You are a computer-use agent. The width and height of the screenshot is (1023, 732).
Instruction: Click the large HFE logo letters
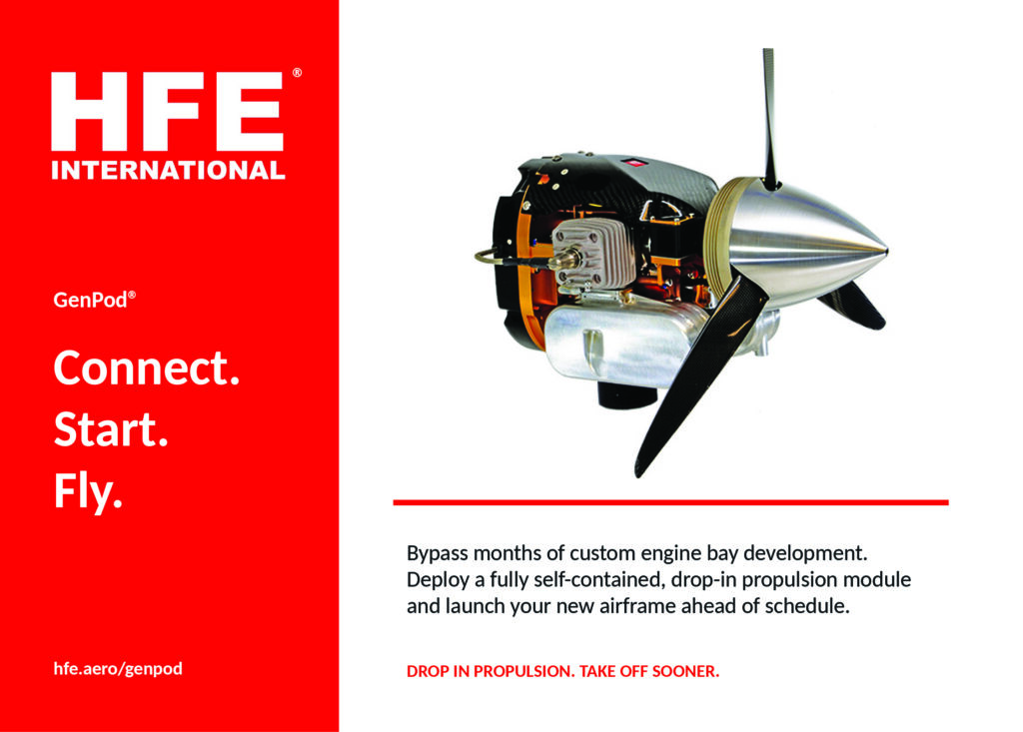(167, 111)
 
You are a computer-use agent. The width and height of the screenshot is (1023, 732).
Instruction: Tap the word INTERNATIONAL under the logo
(168, 171)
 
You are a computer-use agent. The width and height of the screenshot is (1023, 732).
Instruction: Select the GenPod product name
(91, 300)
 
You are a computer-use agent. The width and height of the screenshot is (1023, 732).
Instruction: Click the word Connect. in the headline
(147, 367)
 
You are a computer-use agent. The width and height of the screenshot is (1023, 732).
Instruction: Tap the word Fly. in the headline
(88, 491)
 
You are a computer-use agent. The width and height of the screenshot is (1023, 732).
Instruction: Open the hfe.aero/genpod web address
(118, 669)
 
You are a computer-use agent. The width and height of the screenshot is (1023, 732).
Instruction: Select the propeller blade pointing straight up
(770, 119)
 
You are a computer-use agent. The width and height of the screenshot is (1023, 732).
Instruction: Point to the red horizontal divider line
(670, 502)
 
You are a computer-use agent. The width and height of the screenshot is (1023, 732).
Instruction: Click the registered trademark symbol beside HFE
(297, 73)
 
